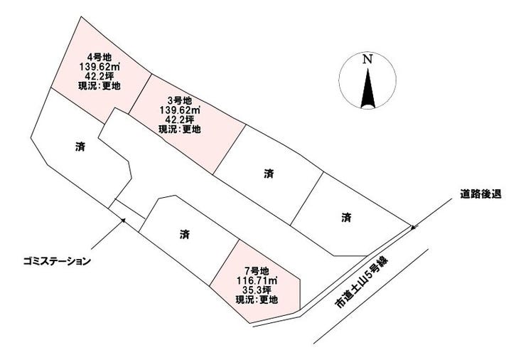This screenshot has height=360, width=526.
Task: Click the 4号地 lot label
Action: pyautogui.click(x=99, y=58)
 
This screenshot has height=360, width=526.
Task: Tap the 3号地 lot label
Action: pyautogui.click(x=179, y=100)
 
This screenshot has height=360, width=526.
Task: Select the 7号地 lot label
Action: pyautogui.click(x=257, y=270)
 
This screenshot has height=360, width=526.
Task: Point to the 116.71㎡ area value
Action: pyautogui.click(x=257, y=280)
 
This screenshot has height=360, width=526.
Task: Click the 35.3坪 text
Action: pyautogui.click(x=257, y=290)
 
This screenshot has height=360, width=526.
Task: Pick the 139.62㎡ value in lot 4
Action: pyautogui.click(x=100, y=67)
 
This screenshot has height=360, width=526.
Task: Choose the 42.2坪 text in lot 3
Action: pyautogui.click(x=179, y=120)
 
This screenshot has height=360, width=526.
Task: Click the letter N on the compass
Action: pyautogui.click(x=367, y=60)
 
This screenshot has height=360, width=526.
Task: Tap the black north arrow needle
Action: pyautogui.click(x=367, y=88)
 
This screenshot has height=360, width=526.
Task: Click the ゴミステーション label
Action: pyautogui.click(x=57, y=261)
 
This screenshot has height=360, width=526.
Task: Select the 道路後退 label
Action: pyautogui.click(x=481, y=194)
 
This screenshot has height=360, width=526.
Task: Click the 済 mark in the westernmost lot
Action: pyautogui.click(x=80, y=147)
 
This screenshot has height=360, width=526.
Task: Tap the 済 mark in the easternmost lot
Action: pyautogui.click(x=346, y=218)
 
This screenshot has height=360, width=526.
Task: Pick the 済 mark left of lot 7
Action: pyautogui.click(x=185, y=234)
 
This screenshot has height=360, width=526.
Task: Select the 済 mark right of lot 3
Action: pyautogui.click(x=269, y=174)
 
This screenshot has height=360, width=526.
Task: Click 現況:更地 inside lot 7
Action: pyautogui.click(x=257, y=300)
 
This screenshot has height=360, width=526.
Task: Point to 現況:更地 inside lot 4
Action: pyautogui.click(x=100, y=86)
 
